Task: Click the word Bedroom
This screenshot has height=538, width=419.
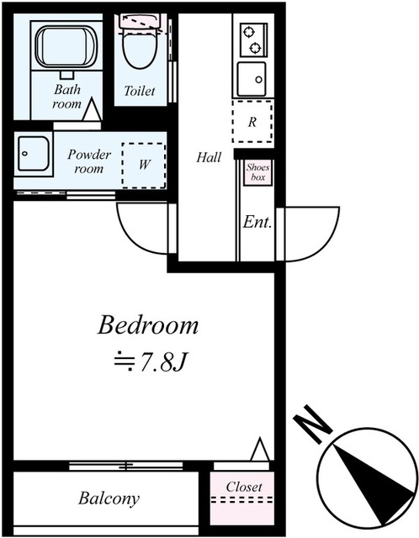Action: click(x=148, y=324)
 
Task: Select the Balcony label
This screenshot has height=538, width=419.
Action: click(x=109, y=498)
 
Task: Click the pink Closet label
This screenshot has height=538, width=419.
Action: click(x=244, y=487)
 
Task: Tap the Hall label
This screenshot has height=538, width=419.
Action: click(x=209, y=156)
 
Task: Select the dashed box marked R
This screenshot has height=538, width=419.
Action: click(x=251, y=121)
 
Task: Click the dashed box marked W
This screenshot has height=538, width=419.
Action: click(x=144, y=163)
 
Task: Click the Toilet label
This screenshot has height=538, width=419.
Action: click(x=140, y=91)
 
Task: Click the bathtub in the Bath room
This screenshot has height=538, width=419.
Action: click(x=65, y=47)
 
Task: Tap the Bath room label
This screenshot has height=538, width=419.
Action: click(x=67, y=96)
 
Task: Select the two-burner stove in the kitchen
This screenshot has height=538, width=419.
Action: click(x=251, y=39)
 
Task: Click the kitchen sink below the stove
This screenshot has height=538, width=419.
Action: click(x=251, y=80)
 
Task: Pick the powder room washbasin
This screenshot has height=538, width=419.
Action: click(x=34, y=155)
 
